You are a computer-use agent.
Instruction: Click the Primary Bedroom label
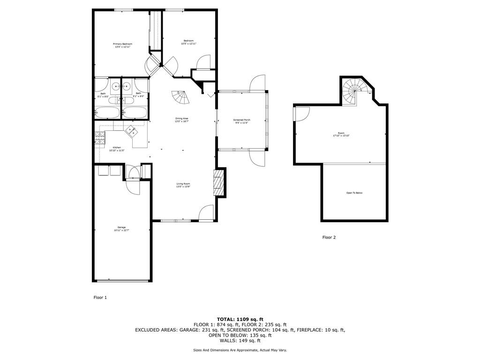click(122, 45)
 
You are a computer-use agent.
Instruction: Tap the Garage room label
click(121, 229)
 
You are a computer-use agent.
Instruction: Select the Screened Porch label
click(242, 121)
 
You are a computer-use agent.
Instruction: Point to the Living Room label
click(183, 185)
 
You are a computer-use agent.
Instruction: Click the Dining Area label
click(182, 120)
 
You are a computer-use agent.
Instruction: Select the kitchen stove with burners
click(100, 137)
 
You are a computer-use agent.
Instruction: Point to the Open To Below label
click(354, 193)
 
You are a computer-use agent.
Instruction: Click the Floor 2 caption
click(329, 238)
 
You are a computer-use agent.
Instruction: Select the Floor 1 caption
click(100, 297)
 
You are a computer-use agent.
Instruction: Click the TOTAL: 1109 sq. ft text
click(240, 319)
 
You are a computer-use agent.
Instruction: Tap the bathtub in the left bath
click(107, 112)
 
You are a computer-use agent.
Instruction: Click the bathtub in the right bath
click(135, 112)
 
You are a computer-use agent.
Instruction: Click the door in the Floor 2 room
click(301, 113)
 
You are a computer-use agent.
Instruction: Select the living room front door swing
click(206, 213)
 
